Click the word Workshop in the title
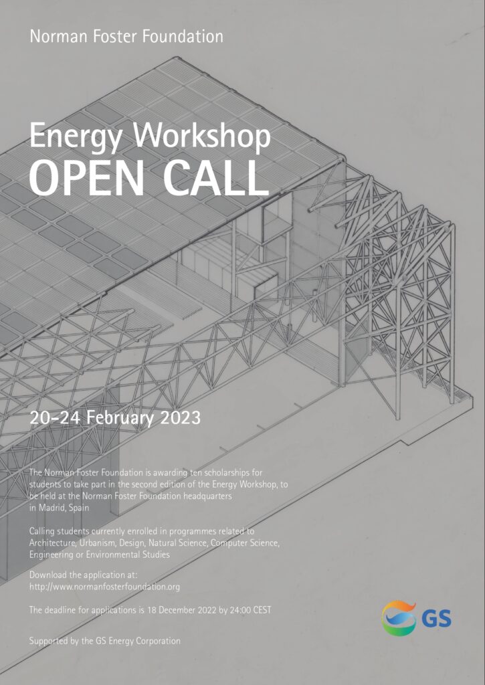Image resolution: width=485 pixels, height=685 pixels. tap(201, 136)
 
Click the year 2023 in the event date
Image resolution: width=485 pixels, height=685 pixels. tap(180, 418)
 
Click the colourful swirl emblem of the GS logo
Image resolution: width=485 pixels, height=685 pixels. tap(399, 617)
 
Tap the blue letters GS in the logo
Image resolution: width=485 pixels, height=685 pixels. tap(436, 619)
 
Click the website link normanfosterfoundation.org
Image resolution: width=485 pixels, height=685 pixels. tap(104, 587)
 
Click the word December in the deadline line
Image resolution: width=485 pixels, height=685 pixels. tap(178, 610)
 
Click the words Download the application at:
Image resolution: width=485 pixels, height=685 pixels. tap(84, 575)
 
